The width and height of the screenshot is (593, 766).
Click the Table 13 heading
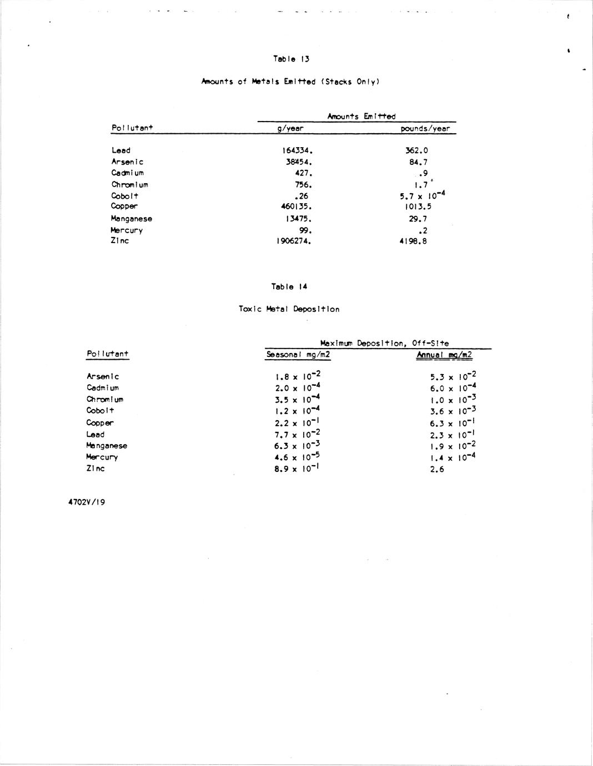pyautogui.click(x=291, y=59)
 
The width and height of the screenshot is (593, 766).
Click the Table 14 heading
pyautogui.click(x=289, y=287)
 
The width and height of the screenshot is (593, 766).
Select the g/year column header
pyautogui.click(x=290, y=129)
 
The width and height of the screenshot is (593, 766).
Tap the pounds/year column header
pyautogui.click(x=425, y=129)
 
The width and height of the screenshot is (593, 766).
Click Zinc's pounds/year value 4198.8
pyautogui.click(x=413, y=241)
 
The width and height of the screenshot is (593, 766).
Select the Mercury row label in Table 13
pyautogui.click(x=127, y=230)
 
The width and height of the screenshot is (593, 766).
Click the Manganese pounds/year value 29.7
pyautogui.click(x=418, y=219)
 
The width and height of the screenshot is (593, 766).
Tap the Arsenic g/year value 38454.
pyautogui.click(x=299, y=162)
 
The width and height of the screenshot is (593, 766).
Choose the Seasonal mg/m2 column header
pyautogui.click(x=298, y=355)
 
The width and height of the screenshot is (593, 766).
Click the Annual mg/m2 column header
pyautogui.click(x=444, y=355)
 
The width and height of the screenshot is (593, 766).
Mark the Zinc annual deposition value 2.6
pyautogui.click(x=437, y=470)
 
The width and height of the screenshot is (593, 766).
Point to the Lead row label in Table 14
pyautogui.click(x=95, y=435)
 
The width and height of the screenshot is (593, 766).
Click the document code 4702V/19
pyautogui.click(x=87, y=502)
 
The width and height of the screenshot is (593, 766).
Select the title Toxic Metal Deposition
pyautogui.click(x=289, y=309)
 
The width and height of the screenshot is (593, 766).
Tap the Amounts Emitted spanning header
pyautogui.click(x=361, y=116)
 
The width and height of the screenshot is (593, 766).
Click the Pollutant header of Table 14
pyautogui.click(x=107, y=354)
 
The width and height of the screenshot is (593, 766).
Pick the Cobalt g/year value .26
pyautogui.click(x=301, y=196)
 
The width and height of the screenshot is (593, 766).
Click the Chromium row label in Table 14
pyautogui.click(x=105, y=400)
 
